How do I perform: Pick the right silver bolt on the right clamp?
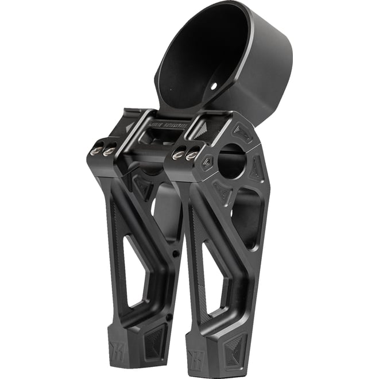[x=192, y=153]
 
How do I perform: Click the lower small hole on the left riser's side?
[x=168, y=316]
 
